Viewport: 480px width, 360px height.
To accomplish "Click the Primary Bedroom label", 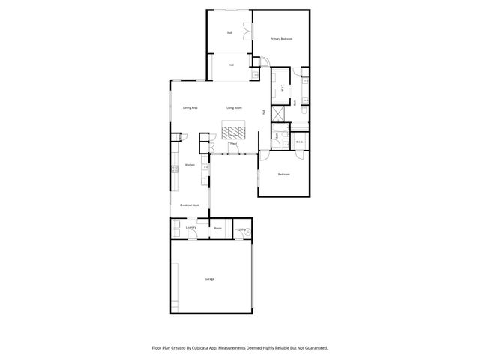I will point(281,38).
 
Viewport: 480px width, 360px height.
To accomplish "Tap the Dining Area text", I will point(190,108).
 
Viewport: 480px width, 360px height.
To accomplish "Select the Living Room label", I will point(234,108).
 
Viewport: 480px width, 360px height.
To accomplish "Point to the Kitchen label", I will point(190,165).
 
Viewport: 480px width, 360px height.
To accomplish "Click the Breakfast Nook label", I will point(190,205).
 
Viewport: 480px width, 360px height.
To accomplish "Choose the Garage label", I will point(209,279).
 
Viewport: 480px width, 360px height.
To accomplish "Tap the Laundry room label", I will point(191,227).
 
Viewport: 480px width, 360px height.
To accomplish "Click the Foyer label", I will point(233,144).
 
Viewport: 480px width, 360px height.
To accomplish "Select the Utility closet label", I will point(242,229).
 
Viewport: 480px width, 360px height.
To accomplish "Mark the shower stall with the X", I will point(279,114).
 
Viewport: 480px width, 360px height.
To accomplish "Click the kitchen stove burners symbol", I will point(174,168).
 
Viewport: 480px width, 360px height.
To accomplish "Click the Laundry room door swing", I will point(193,235).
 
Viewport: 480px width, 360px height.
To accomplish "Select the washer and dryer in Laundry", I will point(175,228).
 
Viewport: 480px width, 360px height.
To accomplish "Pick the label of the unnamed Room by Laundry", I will point(217,228).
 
